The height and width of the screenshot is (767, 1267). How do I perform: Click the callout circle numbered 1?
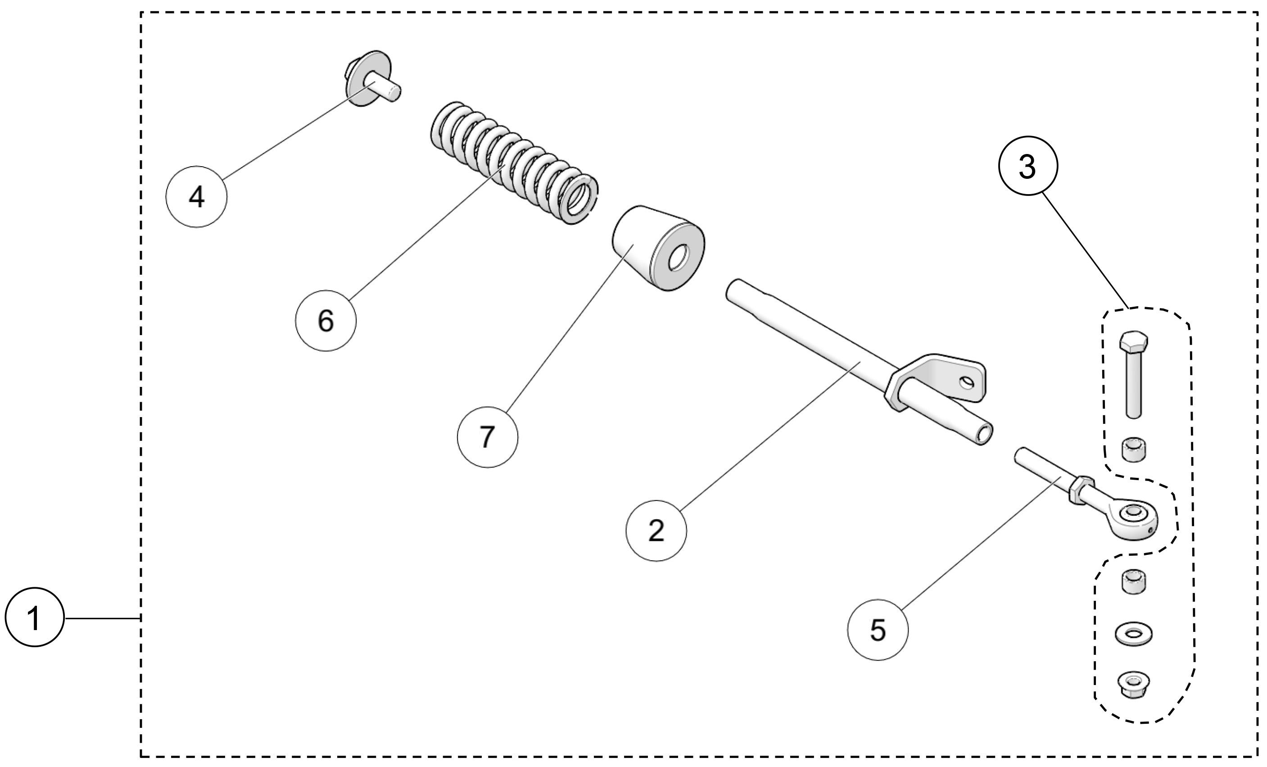click(x=35, y=617)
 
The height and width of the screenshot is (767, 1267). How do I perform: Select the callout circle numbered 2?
click(x=656, y=531)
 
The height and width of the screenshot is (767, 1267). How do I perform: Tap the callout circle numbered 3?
click(x=1028, y=166)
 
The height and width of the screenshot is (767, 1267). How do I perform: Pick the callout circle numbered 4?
click(x=196, y=196)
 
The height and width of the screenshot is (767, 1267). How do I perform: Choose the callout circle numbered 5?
click(x=877, y=630)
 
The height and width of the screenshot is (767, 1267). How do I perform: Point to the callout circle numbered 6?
click(x=326, y=321)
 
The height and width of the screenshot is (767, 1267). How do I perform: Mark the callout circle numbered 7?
click(x=488, y=437)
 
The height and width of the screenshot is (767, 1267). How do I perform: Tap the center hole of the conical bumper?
click(x=679, y=259)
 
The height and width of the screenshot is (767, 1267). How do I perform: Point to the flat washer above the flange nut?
click(x=1133, y=634)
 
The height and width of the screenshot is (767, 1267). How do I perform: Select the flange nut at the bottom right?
click(x=1133, y=685)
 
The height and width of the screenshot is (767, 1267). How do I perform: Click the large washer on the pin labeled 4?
click(x=368, y=78)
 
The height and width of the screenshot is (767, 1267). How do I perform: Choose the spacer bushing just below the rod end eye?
click(x=1133, y=581)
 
